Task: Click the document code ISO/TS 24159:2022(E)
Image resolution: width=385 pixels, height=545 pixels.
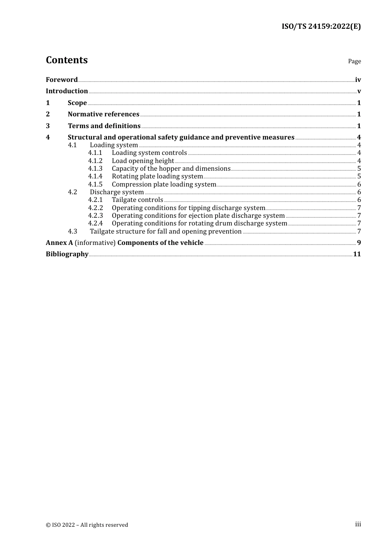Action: [321, 26]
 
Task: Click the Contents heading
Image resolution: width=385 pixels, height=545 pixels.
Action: [66, 60]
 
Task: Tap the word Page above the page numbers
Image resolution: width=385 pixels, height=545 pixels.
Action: [354, 61]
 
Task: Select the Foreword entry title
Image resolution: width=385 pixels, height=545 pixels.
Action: [62, 79]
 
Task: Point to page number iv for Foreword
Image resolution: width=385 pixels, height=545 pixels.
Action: [358, 80]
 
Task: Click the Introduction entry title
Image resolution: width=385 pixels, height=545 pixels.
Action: [66, 91]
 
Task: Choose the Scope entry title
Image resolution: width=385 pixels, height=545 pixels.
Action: [77, 103]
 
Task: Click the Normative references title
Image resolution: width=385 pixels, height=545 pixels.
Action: [103, 114]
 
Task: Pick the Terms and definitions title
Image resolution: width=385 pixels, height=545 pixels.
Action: [104, 126]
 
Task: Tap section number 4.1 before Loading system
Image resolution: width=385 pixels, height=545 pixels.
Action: [72, 145]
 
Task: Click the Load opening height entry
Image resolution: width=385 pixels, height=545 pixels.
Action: [143, 161]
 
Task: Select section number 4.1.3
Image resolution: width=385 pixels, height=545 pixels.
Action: [95, 169]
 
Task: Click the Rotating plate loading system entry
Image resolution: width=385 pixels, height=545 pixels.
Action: [157, 176]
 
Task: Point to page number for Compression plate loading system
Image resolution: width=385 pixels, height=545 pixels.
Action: [359, 185]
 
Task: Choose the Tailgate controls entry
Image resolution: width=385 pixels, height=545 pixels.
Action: [137, 200]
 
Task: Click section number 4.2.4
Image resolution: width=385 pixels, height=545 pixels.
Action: [95, 223]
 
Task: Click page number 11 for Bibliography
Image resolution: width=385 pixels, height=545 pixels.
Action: [357, 254]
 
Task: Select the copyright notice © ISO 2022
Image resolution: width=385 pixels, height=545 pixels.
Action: [87, 525]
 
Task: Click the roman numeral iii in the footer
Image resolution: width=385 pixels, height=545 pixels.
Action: [358, 524]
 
